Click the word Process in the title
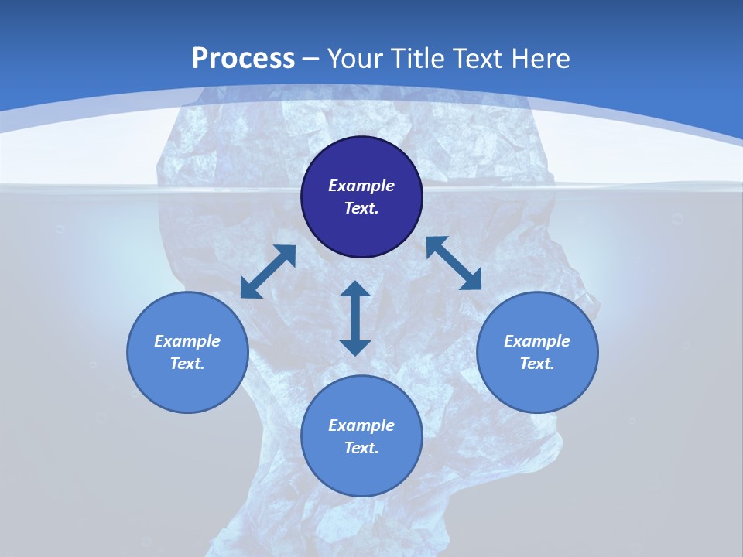243,58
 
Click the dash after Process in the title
311,60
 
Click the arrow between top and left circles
269,271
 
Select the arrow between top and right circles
454,263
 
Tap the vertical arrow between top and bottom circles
355,318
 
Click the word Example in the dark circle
361,186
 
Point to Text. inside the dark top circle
361,208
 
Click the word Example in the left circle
187,341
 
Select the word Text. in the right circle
537,364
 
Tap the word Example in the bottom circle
361,425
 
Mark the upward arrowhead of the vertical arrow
355,289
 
